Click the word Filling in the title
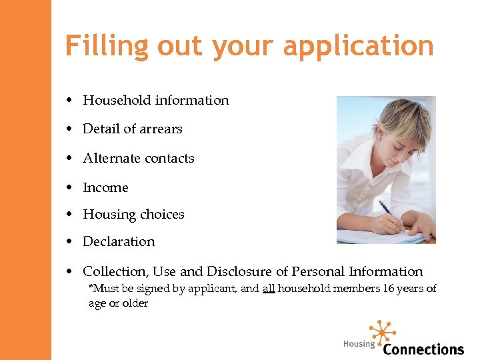pyautogui.click(x=107, y=47)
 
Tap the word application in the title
pyautogui.click(x=358, y=47)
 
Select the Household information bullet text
pyautogui.click(x=155, y=101)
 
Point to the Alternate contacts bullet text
pyautogui.click(x=139, y=159)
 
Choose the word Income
pyautogui.click(x=105, y=188)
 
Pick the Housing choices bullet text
pyautogui.click(x=133, y=215)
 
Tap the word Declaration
pyautogui.click(x=119, y=242)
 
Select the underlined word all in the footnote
pyautogui.click(x=268, y=289)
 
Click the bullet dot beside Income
pyautogui.click(x=69, y=188)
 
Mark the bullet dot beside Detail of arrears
pyautogui.click(x=69, y=129)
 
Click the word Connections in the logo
pyautogui.click(x=423, y=349)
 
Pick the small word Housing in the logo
pyautogui.click(x=359, y=344)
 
